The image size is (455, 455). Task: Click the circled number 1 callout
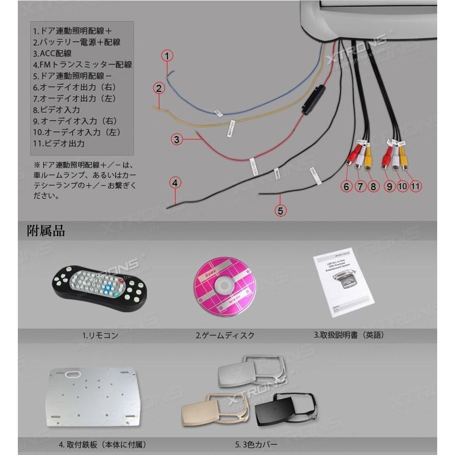click(168, 56)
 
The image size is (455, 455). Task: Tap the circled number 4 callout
click(175, 183)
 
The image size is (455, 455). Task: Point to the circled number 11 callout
click(415, 185)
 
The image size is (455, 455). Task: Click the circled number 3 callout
click(176, 139)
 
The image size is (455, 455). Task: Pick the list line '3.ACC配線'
click(52, 53)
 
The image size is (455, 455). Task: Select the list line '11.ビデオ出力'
click(59, 144)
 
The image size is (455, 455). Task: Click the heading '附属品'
click(46, 231)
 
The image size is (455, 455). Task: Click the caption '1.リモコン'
click(100, 335)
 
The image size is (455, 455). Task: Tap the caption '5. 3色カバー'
click(256, 445)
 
